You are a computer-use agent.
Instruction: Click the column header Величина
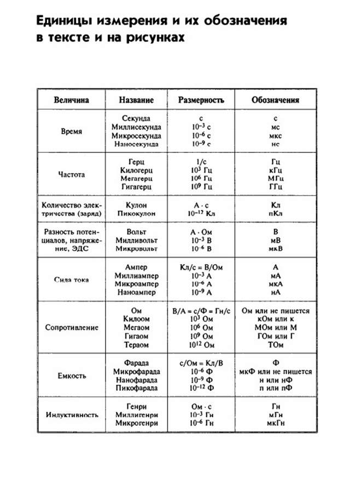click(71, 101)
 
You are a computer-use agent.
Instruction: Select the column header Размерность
click(201, 101)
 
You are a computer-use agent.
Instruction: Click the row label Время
click(71, 131)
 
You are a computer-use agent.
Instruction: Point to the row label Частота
click(71, 175)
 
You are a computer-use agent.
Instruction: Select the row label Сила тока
click(71, 280)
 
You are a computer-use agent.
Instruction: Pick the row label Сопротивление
click(71, 328)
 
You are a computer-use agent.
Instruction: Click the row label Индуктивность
click(71, 414)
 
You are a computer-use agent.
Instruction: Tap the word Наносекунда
click(136, 144)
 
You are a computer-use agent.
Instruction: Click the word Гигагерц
click(136, 187)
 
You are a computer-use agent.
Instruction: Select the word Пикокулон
click(136, 213)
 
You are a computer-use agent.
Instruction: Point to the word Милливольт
click(136, 240)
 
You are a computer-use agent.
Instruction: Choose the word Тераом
click(136, 346)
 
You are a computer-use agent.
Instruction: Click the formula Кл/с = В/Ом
click(201, 267)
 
